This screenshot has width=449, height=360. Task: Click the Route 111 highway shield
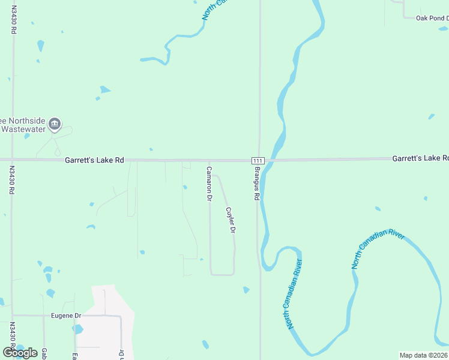coord(258,161)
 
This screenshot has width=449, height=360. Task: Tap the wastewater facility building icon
coord(55,124)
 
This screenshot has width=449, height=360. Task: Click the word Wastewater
coord(22,130)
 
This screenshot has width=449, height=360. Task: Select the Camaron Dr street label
coord(209,184)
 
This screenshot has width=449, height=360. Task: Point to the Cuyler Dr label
coord(229,220)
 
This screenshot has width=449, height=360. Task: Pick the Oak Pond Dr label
coord(432,18)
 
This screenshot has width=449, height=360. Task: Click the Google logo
coord(20,353)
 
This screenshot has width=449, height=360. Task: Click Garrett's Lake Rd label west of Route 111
coord(94,160)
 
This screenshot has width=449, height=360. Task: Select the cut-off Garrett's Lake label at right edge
coord(420,158)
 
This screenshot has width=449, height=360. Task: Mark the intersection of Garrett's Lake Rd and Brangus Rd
coord(259,160)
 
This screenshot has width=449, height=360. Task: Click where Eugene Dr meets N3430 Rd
coord(12,315)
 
